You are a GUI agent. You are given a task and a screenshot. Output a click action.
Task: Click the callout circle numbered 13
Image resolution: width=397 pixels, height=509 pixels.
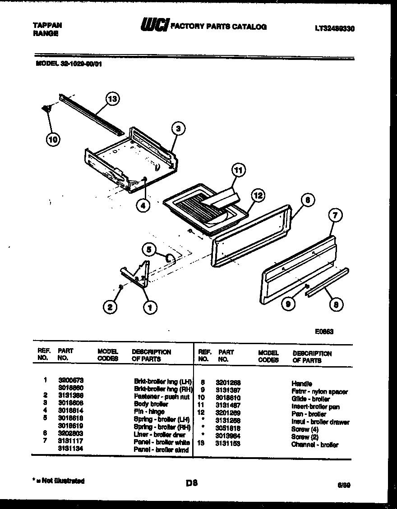tap(112, 99)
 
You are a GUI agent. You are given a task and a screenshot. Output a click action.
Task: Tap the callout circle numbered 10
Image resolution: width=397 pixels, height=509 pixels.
tap(53, 140)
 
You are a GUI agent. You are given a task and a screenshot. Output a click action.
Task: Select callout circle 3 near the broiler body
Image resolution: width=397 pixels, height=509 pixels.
tap(178, 129)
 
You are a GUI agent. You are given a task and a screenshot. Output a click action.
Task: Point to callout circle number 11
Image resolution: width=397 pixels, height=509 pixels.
tap(238, 170)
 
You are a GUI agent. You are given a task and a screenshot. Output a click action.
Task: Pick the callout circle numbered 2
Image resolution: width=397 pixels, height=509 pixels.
tap(108, 308)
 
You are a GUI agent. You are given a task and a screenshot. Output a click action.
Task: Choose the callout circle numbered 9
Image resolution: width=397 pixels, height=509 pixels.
tap(288, 304)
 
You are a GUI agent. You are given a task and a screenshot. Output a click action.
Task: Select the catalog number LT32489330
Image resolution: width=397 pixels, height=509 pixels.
tap(334, 28)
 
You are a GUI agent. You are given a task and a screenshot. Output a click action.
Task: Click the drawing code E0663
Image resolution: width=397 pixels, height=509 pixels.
tap(324, 332)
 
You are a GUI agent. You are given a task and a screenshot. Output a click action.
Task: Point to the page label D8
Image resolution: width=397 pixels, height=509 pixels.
tap(192, 484)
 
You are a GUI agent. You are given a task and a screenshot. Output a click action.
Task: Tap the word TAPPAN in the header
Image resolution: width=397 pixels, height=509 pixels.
tap(47, 25)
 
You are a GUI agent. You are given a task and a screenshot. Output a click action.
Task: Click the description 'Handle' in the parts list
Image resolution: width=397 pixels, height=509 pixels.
tap(302, 383)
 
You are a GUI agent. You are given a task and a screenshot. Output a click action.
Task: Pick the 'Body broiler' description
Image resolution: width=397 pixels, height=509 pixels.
tap(151, 404)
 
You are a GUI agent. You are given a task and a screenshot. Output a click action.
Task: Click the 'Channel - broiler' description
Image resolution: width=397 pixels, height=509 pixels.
tap(314, 445)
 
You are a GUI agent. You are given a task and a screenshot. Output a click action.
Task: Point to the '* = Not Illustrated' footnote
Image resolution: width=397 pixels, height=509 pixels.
tap(60, 481)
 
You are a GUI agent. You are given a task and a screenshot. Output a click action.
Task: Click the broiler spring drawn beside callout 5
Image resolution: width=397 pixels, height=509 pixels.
tap(171, 258)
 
